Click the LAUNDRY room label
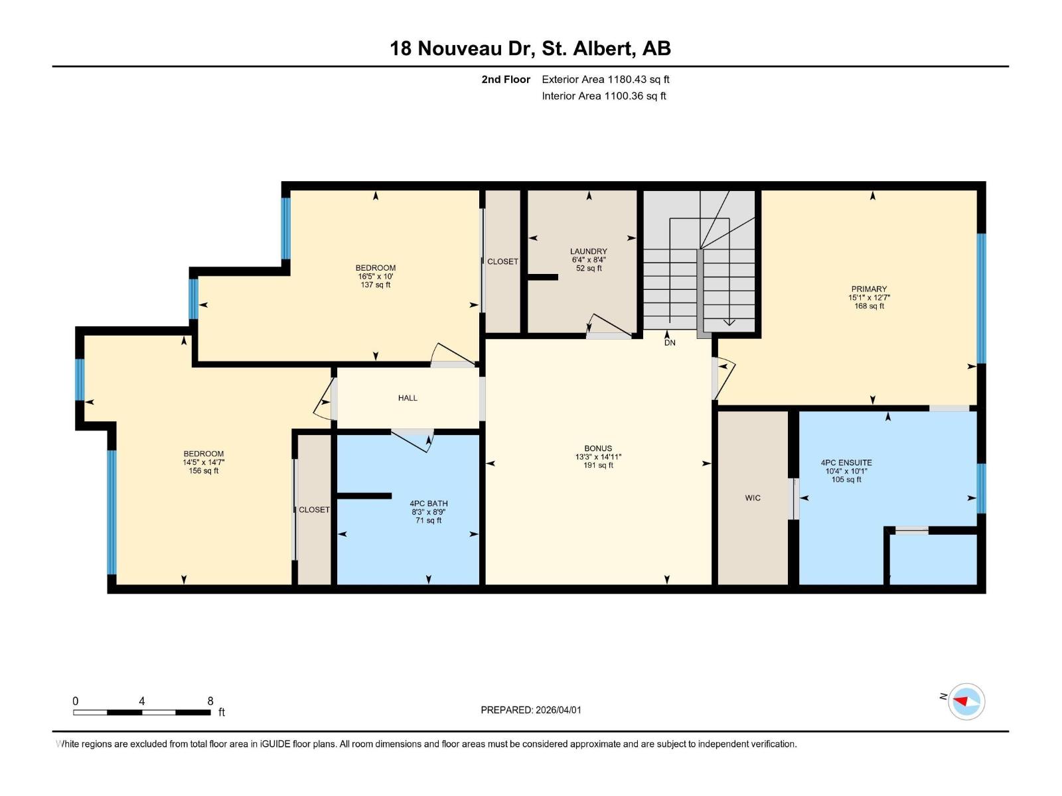tap(588, 251)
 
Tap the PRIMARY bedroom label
tap(869, 289)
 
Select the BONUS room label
tap(597, 448)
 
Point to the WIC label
tap(752, 498)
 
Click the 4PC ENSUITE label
tap(846, 463)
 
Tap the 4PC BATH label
tap(428, 503)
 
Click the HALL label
tap(408, 398)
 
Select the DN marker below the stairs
tap(670, 342)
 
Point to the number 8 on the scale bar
tap(210, 701)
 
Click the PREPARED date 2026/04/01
tap(557, 710)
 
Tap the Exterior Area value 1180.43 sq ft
tap(639, 80)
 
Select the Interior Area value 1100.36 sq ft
tap(635, 96)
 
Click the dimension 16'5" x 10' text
tap(376, 277)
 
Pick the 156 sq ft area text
tap(203, 471)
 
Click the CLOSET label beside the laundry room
tap(502, 262)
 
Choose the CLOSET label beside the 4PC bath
tap(314, 510)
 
